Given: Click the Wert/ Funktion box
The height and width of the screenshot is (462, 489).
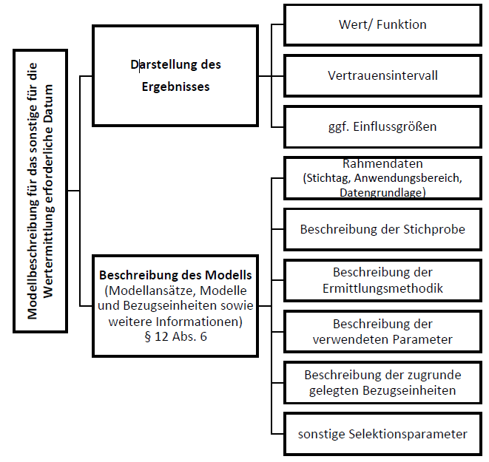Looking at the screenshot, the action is click(382, 25).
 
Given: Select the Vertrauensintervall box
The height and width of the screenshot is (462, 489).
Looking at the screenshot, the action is click(382, 75).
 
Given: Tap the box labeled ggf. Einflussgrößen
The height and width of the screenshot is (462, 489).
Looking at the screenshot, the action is click(382, 127).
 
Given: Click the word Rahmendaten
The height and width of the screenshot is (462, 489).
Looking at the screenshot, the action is click(382, 163).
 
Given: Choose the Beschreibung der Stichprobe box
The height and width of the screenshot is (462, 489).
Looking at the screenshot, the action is click(382, 229).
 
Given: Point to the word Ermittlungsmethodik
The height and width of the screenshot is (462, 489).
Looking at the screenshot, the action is click(382, 288).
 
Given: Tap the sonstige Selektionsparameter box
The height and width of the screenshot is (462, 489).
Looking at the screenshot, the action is click(382, 434).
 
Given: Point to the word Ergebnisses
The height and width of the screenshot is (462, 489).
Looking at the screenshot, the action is click(175, 86).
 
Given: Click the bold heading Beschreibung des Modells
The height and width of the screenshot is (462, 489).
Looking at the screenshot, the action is click(175, 275).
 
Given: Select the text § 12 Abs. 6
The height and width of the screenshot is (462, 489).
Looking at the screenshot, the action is click(175, 336).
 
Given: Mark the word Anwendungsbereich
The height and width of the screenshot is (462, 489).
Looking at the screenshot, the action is click(408, 178).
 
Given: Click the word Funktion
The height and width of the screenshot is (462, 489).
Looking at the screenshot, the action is click(402, 24).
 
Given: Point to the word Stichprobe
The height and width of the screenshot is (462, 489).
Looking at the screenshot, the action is click(434, 229).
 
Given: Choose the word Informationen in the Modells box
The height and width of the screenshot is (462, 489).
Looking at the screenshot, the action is click(199, 322).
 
